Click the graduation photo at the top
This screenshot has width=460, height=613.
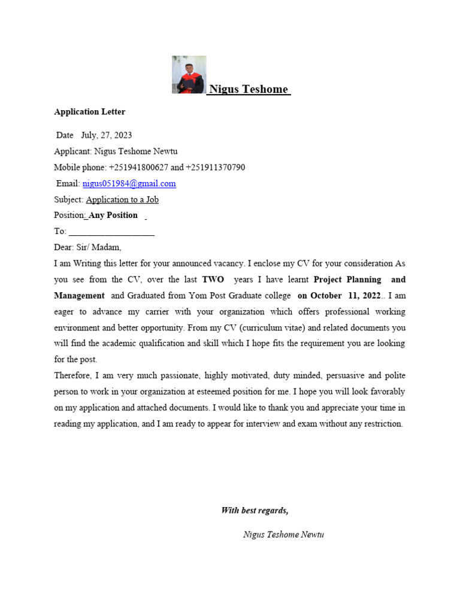(x=189, y=75)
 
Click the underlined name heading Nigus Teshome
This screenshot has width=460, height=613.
(x=249, y=90)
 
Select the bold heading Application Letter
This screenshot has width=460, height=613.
(x=89, y=112)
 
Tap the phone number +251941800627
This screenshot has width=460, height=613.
(x=138, y=168)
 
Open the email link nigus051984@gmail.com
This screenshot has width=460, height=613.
(x=129, y=184)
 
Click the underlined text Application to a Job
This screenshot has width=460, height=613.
(x=122, y=200)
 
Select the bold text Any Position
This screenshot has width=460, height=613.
(x=113, y=216)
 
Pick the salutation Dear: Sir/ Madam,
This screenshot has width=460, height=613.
(x=87, y=247)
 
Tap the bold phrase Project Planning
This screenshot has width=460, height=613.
(x=347, y=280)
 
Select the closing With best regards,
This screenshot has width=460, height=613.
(x=255, y=511)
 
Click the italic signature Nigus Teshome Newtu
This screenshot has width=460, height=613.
(x=283, y=535)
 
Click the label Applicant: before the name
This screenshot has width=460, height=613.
(x=73, y=151)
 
